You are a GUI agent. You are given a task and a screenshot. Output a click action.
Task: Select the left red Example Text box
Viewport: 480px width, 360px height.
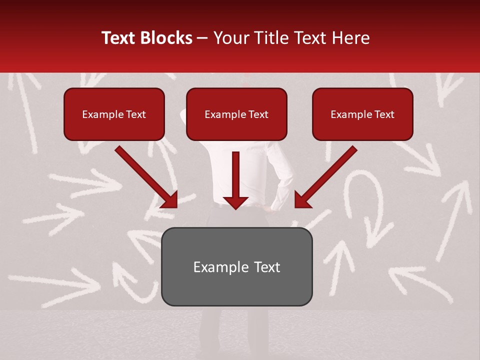(114, 114)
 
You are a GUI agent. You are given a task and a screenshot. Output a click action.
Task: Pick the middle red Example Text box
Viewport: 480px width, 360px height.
(236, 114)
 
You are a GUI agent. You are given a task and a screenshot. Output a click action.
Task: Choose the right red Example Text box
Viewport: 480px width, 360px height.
(362, 114)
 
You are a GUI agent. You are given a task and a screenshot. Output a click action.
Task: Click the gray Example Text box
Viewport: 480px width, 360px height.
(236, 266)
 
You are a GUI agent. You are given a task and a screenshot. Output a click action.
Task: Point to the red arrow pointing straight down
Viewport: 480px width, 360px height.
(235, 180)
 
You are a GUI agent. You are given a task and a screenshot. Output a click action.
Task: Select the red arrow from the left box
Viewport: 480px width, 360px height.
(147, 177)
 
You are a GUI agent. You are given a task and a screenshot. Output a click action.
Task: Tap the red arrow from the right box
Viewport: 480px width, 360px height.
(325, 177)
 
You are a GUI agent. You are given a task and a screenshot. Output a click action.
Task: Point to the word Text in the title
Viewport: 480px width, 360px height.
(119, 38)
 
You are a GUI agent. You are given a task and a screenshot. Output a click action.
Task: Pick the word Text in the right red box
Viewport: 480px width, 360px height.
(384, 114)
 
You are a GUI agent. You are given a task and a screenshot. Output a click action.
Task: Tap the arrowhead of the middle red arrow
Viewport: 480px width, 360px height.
(235, 202)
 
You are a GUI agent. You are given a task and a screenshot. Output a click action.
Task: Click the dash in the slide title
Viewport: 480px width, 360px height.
(202, 38)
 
